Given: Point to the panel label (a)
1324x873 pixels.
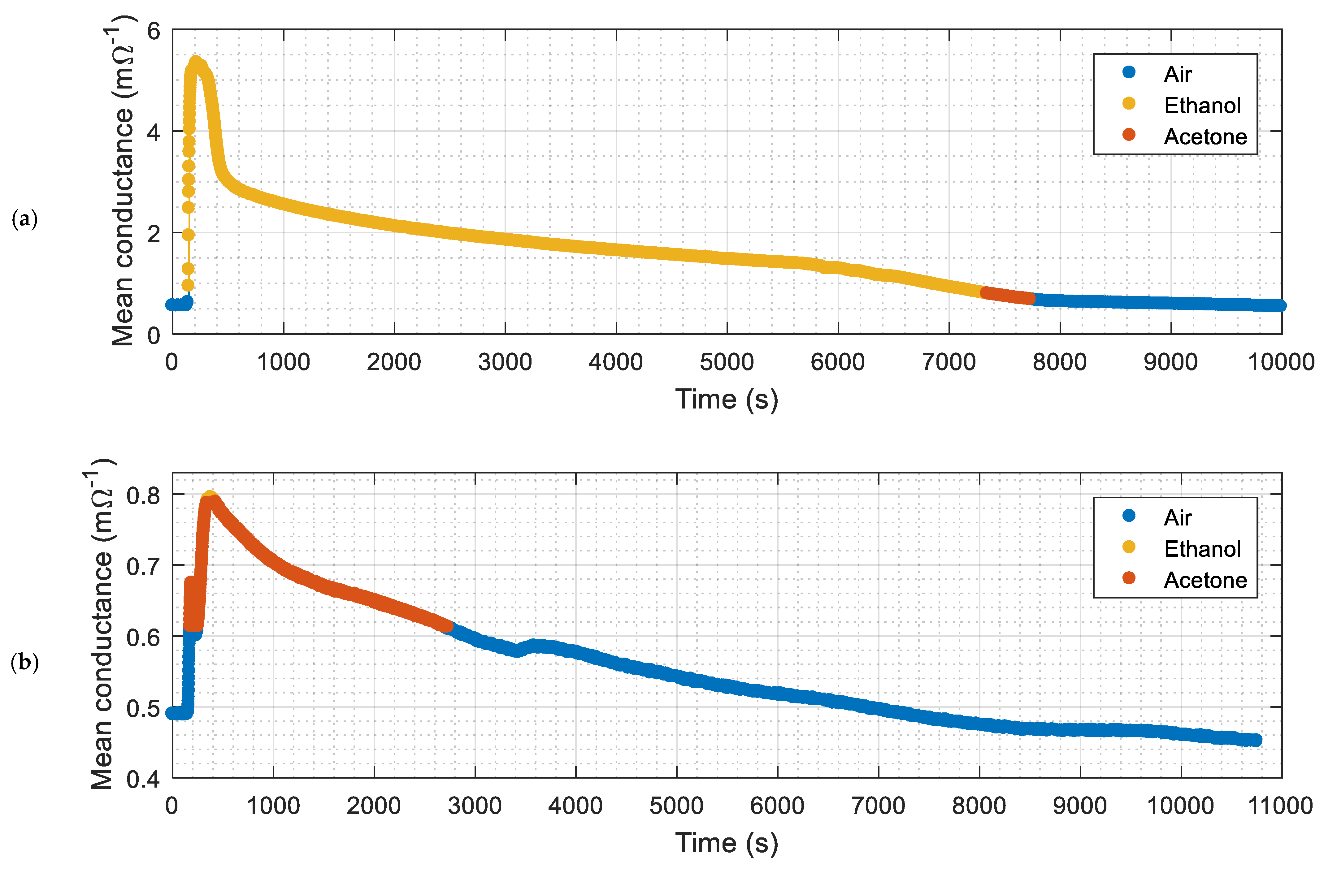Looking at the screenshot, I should [24, 219].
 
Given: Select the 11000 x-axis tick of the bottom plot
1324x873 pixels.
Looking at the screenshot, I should [1281, 806].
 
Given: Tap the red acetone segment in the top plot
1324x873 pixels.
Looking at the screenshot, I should [1008, 296].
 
